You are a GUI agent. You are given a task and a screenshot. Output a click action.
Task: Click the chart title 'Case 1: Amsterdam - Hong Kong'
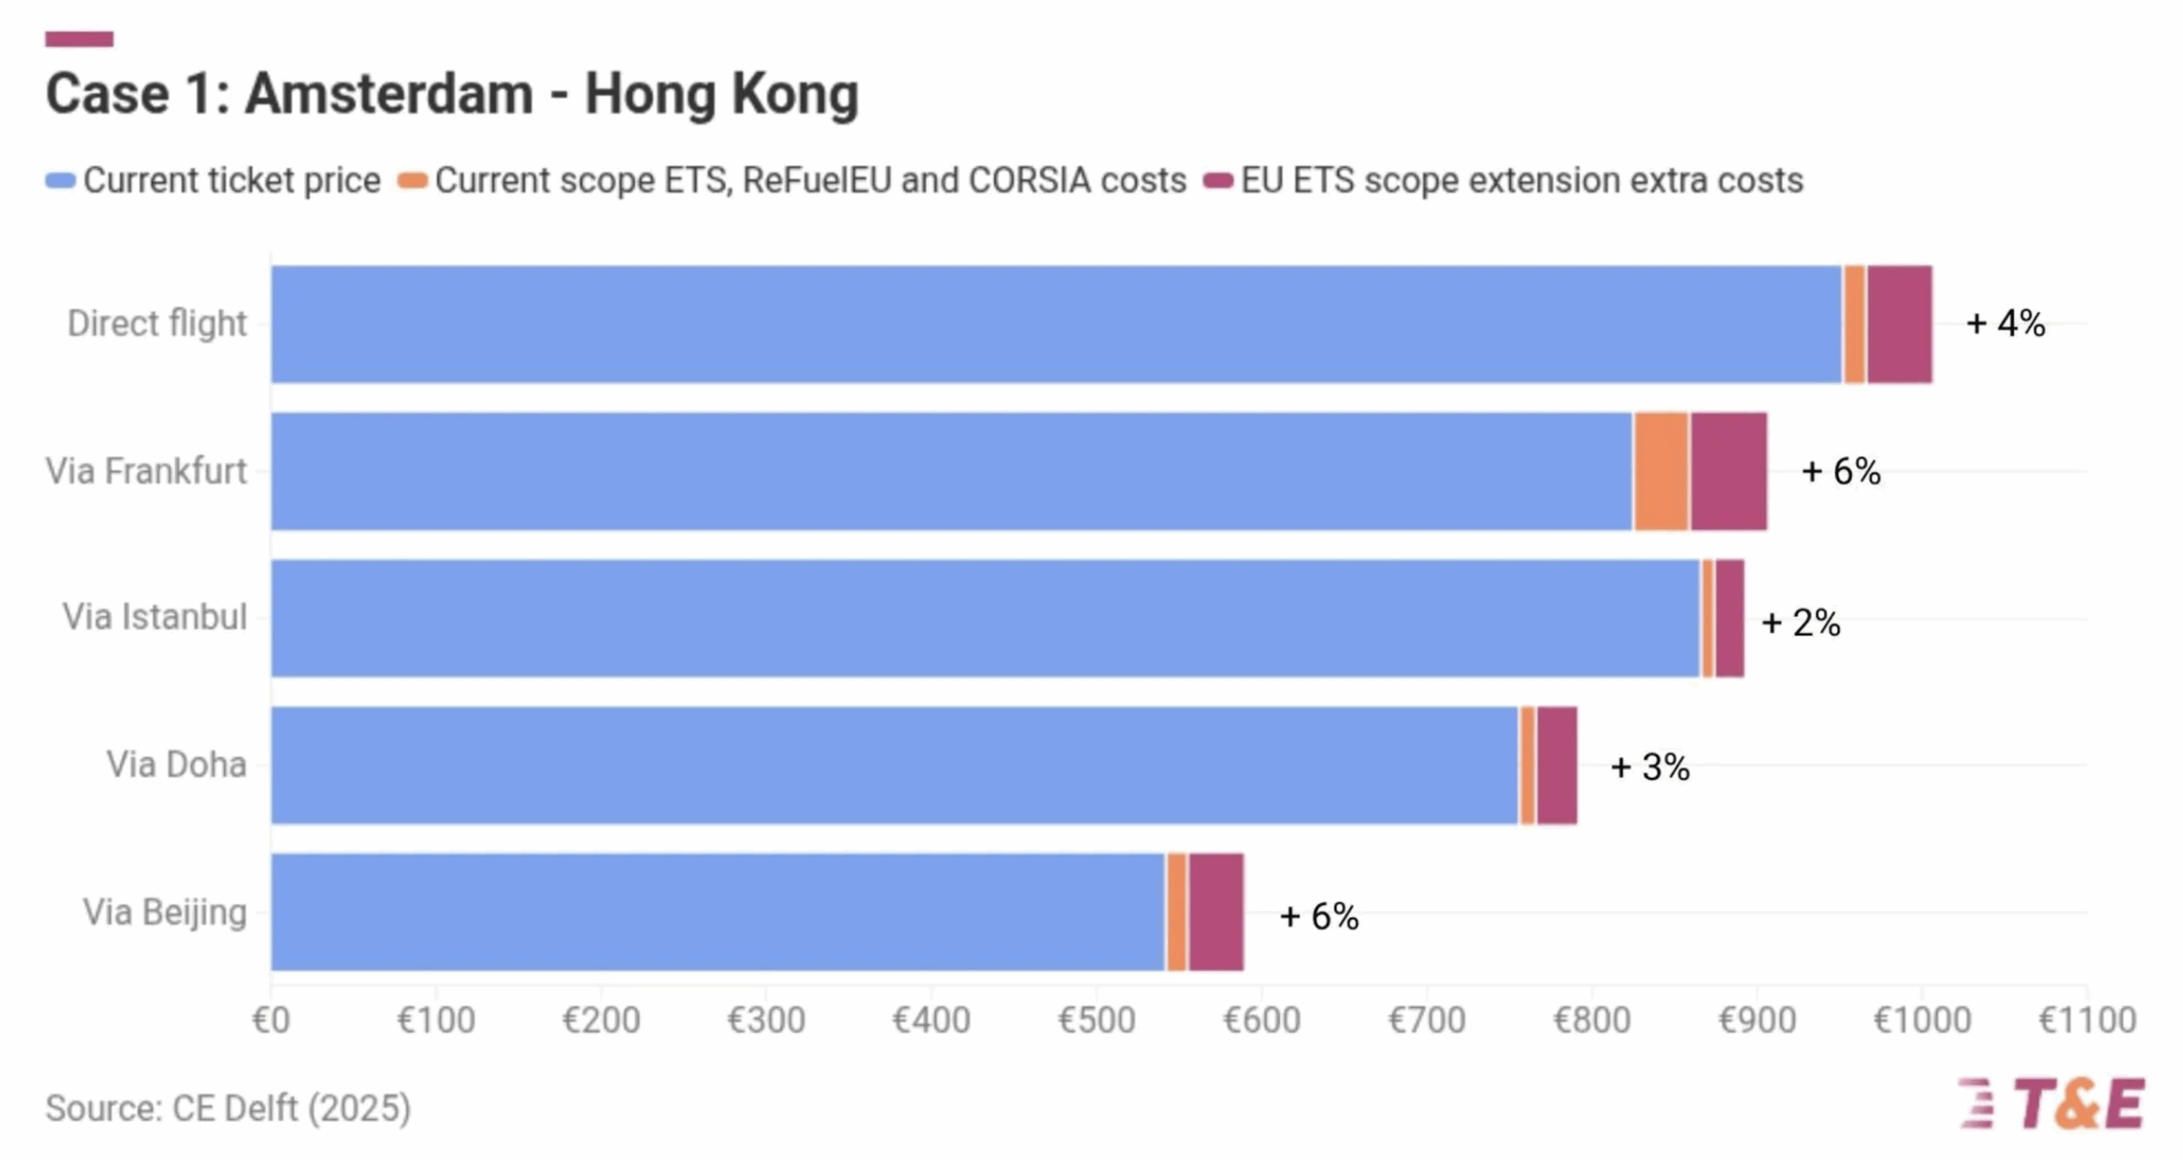452,94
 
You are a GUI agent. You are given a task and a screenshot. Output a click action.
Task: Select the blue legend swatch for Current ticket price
61,181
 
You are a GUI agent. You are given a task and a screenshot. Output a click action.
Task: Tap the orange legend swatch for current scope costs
413,181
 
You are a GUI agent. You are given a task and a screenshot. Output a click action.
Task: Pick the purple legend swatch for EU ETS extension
1218,181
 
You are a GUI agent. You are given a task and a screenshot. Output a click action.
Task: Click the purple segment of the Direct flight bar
1899,324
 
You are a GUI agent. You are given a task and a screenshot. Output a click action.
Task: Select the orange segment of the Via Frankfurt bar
1661,471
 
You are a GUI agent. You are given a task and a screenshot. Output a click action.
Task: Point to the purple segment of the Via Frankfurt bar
1728,471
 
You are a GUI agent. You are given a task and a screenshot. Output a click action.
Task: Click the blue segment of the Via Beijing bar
716,912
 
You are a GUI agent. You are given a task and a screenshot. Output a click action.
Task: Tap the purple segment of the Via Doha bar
1556,765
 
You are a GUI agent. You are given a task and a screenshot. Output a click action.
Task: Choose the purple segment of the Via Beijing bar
1216,912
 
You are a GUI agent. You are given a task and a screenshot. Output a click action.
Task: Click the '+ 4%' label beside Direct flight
2005,324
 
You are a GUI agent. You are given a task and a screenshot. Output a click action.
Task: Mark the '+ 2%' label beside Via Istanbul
1800,623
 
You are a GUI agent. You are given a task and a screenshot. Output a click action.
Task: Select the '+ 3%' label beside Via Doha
1649,767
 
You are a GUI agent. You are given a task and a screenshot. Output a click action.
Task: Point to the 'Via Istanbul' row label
154,618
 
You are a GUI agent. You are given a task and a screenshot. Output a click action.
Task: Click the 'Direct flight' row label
157,324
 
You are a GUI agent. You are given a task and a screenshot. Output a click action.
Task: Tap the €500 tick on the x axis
1097,1020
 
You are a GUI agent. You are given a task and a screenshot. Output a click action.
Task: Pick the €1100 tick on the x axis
2087,1020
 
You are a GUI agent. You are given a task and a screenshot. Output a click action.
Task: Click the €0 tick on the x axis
271,1020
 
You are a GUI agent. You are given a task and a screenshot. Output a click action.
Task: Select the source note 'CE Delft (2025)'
229,1109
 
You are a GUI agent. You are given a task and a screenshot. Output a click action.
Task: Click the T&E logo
2052,1104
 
